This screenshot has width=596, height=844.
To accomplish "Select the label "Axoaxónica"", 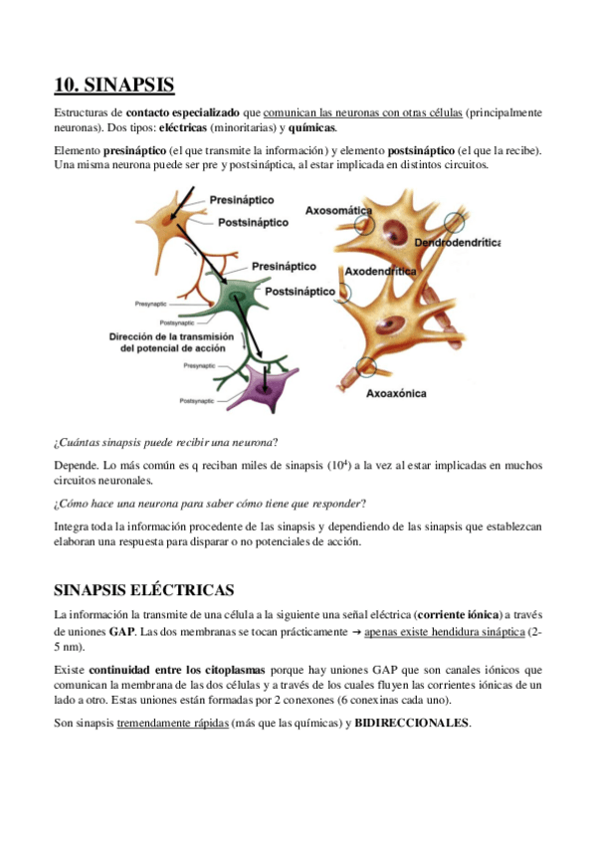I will [396, 393].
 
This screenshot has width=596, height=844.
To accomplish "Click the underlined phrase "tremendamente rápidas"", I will [171, 724].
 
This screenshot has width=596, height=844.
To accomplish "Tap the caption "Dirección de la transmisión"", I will [170, 337].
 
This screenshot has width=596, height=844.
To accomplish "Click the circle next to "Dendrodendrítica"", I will [454, 222].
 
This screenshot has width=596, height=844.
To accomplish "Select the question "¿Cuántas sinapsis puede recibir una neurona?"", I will [165, 442].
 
